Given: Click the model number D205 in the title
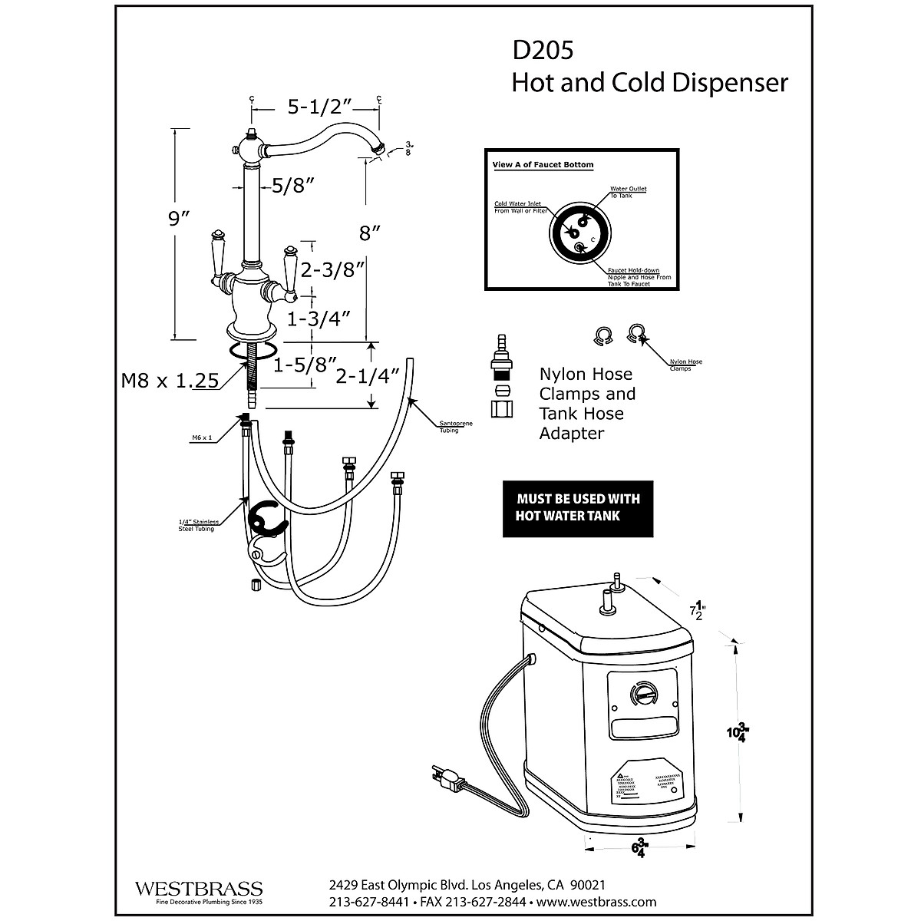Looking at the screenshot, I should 543,51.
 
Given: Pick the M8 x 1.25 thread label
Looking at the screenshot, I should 170,380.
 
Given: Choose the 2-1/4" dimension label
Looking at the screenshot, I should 368,376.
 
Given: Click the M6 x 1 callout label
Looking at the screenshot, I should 201,437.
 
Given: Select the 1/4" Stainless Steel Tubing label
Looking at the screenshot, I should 198,525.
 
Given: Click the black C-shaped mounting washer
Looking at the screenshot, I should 265,520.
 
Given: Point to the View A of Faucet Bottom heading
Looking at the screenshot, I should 543,165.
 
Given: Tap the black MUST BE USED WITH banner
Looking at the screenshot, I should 577,508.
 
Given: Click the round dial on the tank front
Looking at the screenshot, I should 643,695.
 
